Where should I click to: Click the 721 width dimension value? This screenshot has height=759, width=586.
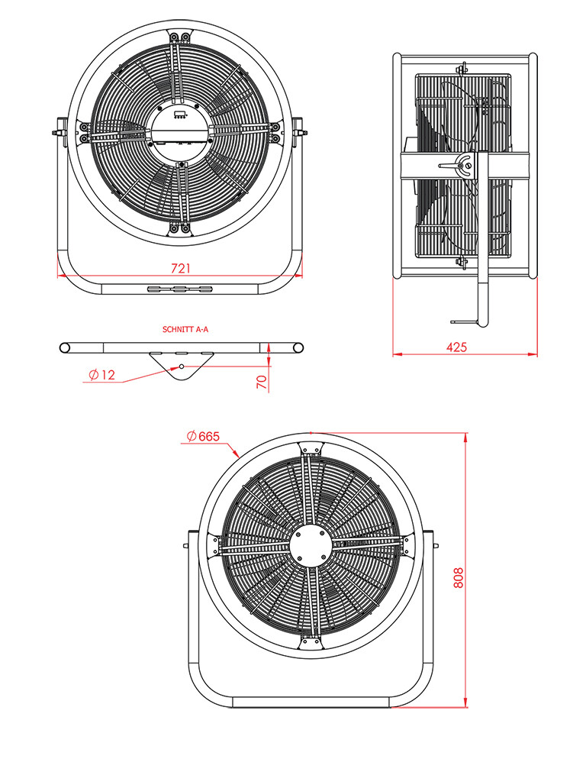[180, 268]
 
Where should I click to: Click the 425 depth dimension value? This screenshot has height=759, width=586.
[456, 347]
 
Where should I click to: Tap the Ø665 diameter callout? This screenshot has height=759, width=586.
[203, 437]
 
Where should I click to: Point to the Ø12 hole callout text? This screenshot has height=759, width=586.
[101, 375]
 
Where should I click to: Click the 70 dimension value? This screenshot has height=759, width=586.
[261, 381]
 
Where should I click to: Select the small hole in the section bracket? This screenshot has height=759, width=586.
[181, 367]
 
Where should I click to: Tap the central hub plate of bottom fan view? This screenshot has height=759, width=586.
[311, 547]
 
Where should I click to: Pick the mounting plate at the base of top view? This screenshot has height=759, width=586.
[180, 289]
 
